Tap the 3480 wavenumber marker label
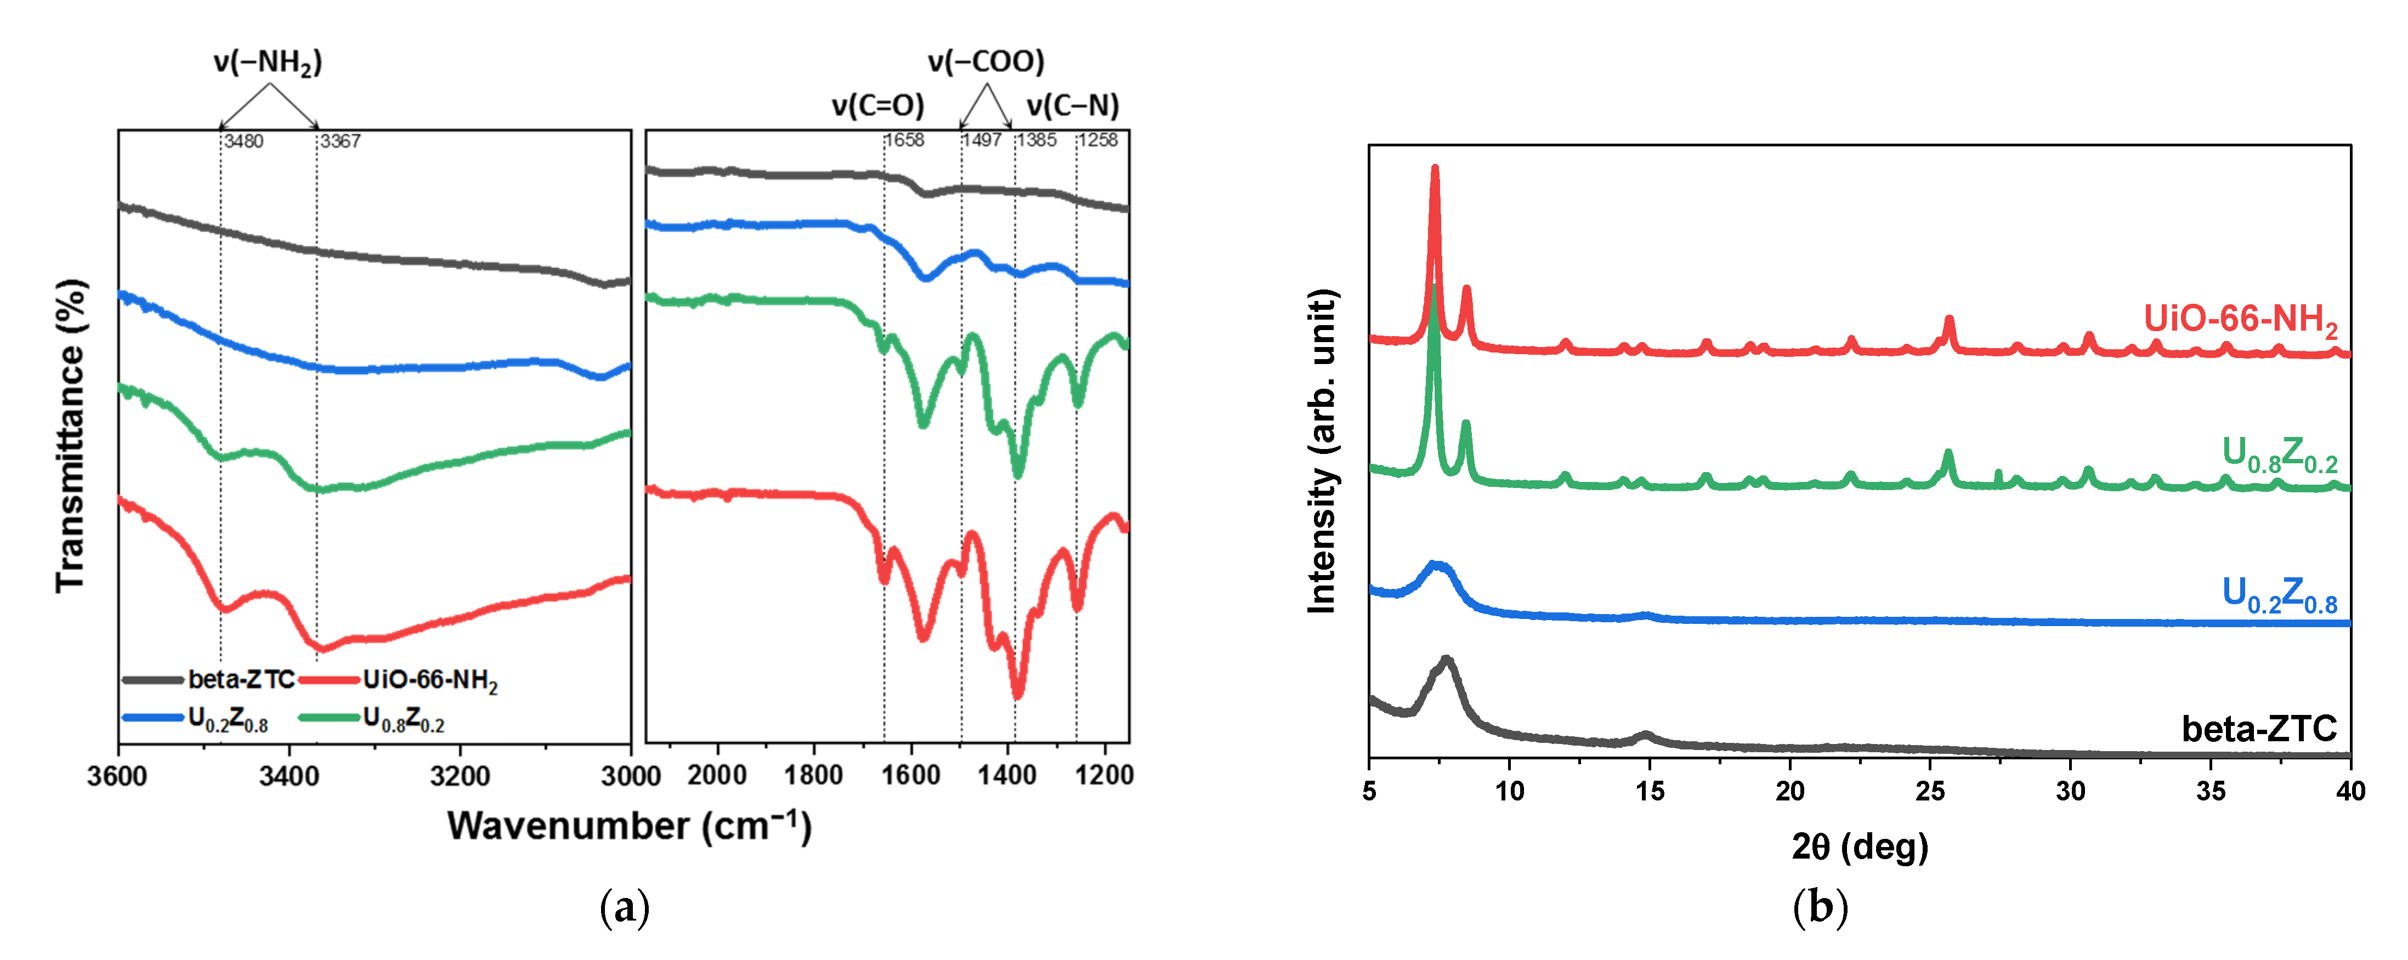pos(243,141)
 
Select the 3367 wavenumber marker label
pos(340,141)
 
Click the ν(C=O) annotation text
pos(878,106)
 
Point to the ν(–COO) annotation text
pos(986,62)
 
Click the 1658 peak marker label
pos(905,140)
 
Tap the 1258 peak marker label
pos(1098,140)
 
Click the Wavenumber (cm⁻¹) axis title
pos(629,826)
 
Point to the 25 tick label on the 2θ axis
pos(1930,792)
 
